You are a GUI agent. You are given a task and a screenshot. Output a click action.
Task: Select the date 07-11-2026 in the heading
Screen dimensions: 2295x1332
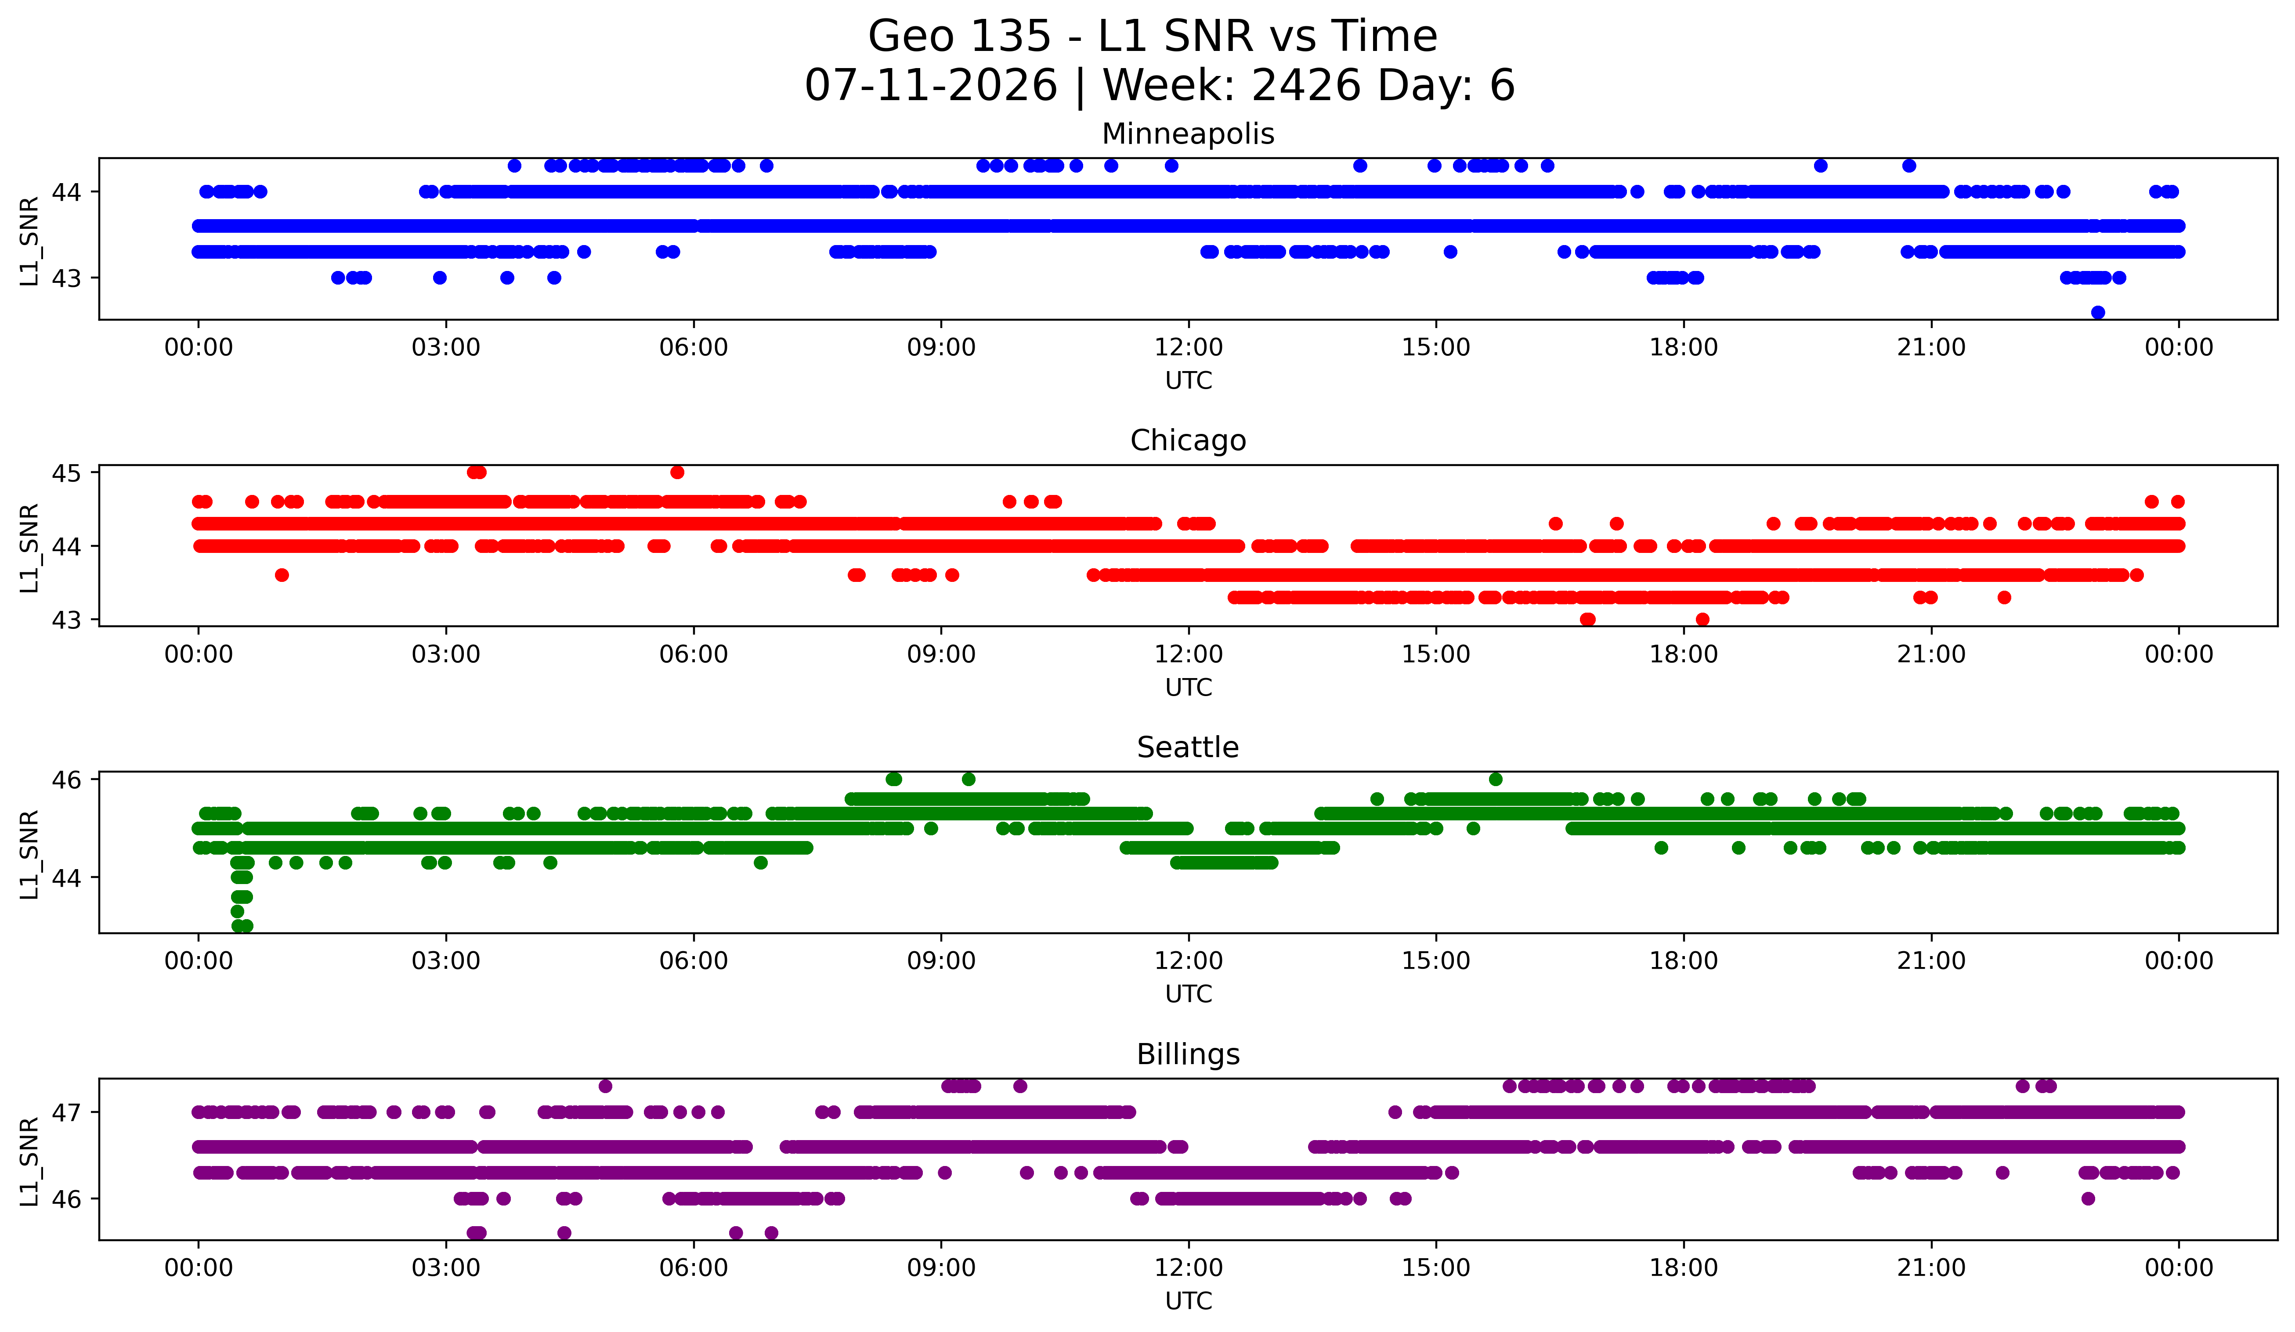(x=931, y=86)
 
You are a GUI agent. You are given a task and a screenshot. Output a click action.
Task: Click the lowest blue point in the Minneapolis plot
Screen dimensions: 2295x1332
(x=2097, y=312)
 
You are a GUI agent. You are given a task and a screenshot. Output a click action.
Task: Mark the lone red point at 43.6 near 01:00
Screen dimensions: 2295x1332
(x=282, y=574)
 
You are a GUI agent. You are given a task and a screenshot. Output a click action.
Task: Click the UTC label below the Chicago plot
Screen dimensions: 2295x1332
(x=1189, y=687)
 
